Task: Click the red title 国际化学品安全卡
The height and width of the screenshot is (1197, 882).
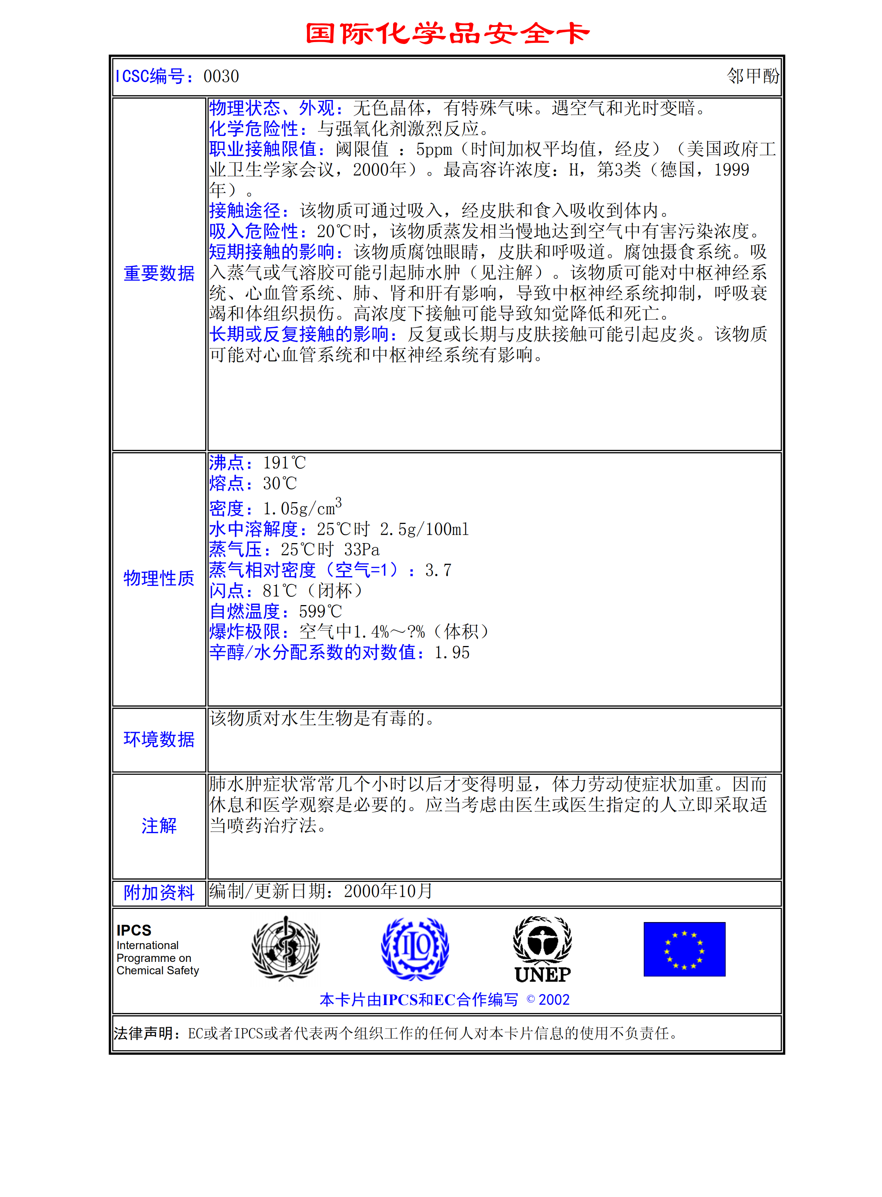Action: click(x=448, y=34)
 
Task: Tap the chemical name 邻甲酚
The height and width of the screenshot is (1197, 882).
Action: click(x=753, y=76)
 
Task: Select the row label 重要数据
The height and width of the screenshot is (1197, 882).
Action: click(x=159, y=274)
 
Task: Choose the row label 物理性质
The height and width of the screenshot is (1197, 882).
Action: click(x=159, y=578)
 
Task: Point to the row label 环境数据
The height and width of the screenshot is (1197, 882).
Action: click(x=159, y=740)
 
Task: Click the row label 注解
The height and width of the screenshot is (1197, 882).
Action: click(x=159, y=826)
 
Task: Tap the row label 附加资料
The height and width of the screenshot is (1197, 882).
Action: click(x=159, y=893)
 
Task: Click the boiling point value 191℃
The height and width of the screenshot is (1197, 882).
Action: click(x=284, y=463)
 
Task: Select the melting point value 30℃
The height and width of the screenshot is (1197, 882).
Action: click(x=280, y=483)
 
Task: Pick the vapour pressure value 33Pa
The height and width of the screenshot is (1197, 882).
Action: click(x=362, y=549)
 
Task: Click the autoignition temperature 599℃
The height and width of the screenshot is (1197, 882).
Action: click(x=320, y=611)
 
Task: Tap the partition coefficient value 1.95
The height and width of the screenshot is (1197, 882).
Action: click(x=452, y=653)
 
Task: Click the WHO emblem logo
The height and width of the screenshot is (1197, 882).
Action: click(x=286, y=949)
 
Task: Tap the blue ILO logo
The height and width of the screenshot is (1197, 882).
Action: click(x=415, y=949)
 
